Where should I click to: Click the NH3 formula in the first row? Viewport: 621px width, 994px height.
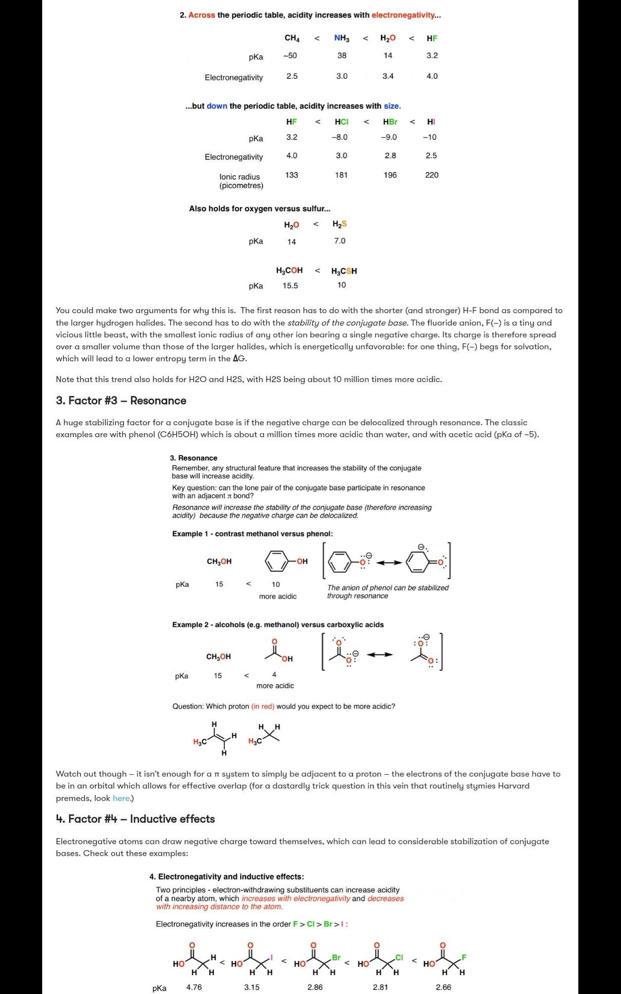(342, 38)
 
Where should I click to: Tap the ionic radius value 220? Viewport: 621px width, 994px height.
(431, 175)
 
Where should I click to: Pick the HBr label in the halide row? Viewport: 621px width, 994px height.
(390, 122)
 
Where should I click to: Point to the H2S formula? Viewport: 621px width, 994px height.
(340, 224)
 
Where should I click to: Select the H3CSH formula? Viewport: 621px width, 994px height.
(344, 271)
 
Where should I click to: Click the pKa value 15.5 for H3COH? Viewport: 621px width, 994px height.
(290, 285)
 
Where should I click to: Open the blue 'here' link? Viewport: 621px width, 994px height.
(121, 798)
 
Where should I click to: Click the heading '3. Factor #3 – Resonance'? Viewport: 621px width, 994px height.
(121, 400)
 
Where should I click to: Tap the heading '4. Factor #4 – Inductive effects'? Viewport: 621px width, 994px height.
(136, 819)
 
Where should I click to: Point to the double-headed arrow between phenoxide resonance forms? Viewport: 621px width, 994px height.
(389, 562)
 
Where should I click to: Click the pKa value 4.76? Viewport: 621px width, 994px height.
(194, 987)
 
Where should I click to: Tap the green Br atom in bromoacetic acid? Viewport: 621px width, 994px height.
(336, 957)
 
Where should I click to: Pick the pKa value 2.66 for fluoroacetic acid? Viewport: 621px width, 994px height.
(443, 987)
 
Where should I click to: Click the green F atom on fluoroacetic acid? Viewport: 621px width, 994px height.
(464, 957)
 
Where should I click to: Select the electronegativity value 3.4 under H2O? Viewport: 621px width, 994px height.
(388, 76)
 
